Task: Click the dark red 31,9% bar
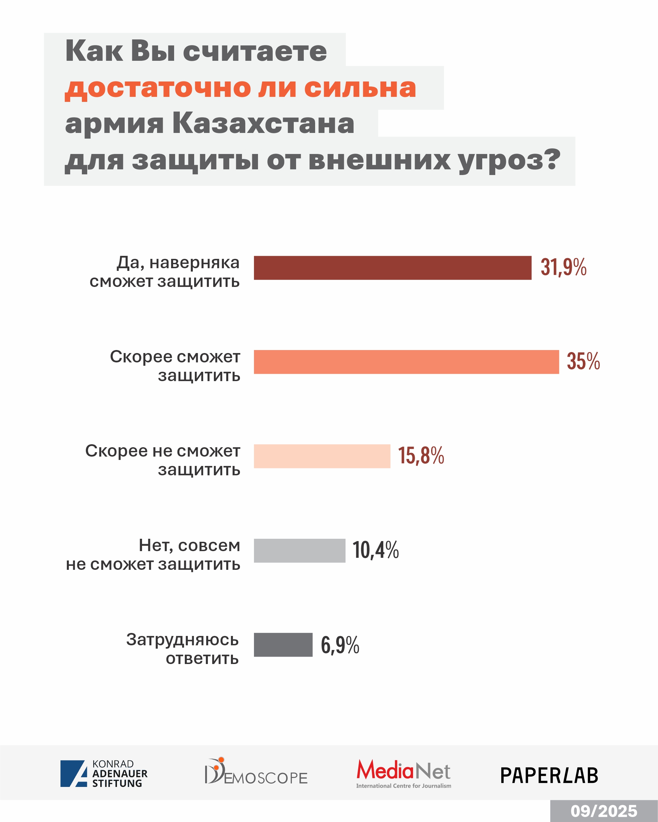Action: [x=393, y=268]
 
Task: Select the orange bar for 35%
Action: [x=406, y=362]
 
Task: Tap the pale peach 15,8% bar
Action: [x=322, y=456]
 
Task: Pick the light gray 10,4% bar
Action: [x=299, y=550]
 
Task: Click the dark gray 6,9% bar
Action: [x=283, y=645]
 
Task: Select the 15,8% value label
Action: [x=421, y=456]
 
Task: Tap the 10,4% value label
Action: [x=375, y=550]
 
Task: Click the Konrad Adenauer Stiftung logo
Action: [x=104, y=774]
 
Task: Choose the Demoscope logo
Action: [x=256, y=772]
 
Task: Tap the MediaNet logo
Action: [x=404, y=773]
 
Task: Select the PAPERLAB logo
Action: [x=549, y=776]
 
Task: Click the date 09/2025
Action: [x=604, y=811]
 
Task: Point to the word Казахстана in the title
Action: [x=263, y=124]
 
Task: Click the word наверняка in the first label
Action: [x=194, y=263]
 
